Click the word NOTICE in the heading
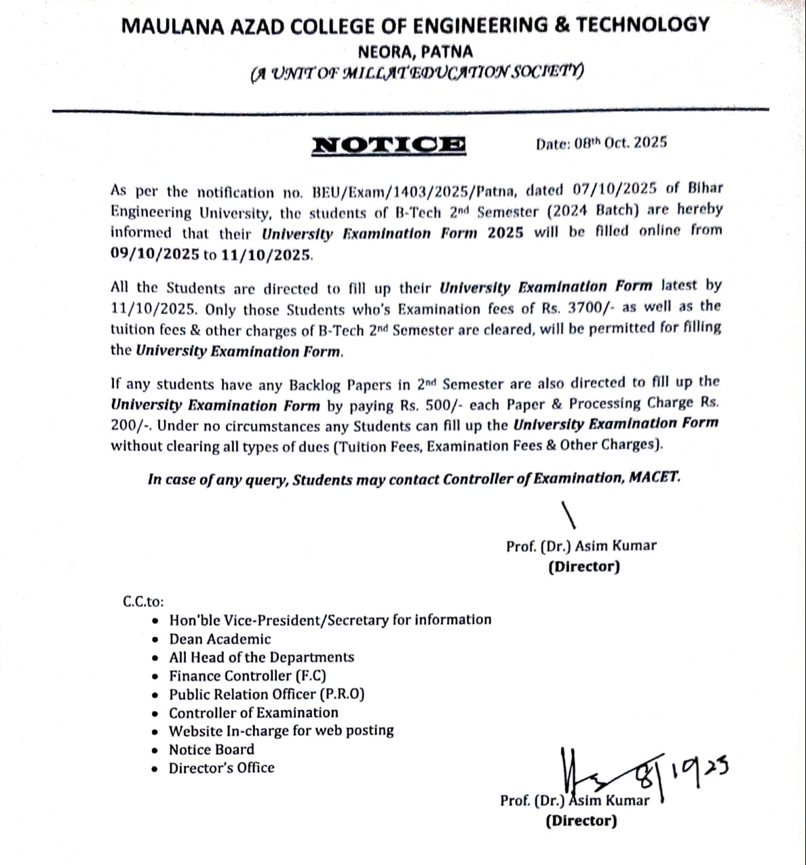point(389,144)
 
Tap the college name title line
point(415,25)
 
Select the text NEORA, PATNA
point(415,52)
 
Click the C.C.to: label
point(143,601)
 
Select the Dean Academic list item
point(220,639)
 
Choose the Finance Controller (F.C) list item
point(248,676)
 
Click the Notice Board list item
point(212,750)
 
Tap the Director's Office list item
point(222,768)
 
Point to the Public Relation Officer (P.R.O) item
point(267,694)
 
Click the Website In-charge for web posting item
point(282,731)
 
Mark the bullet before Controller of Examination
point(157,713)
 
